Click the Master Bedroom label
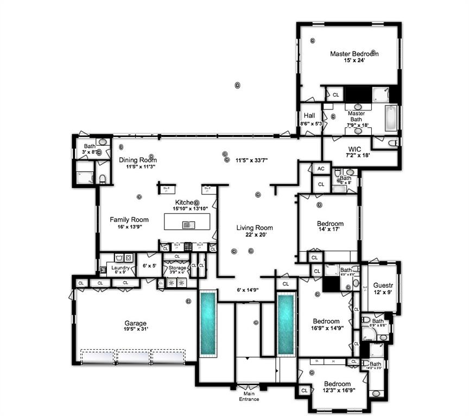(354, 54)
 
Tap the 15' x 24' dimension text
(354, 61)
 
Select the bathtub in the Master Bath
(390, 118)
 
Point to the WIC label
(354, 148)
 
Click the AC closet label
(321, 168)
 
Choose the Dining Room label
(138, 160)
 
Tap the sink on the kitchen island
(188, 224)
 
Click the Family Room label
(129, 219)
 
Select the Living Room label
(255, 227)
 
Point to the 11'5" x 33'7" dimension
(252, 160)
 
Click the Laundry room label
(120, 267)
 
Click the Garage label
(135, 323)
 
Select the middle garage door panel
(133, 356)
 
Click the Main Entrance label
(250, 396)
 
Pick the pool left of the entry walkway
(207, 323)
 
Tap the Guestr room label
(383, 285)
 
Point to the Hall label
(309, 115)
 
